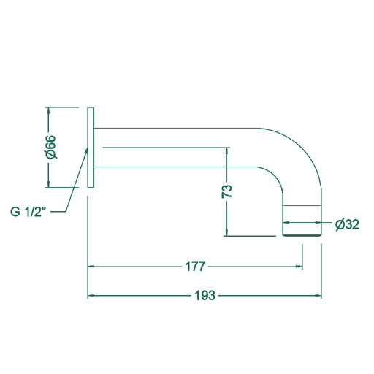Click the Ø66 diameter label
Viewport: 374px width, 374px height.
[x=51, y=147]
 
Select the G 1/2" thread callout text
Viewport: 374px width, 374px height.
[x=28, y=212]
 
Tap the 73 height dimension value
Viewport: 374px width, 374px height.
[x=227, y=191]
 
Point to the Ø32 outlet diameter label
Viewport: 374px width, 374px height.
[x=347, y=224]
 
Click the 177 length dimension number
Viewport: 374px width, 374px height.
[x=195, y=267]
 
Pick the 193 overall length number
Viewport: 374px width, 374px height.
[x=205, y=296]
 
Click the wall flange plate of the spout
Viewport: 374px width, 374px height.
[x=91, y=147]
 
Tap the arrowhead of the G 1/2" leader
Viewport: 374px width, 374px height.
[x=86, y=151]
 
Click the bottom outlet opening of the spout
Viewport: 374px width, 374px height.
[x=302, y=235]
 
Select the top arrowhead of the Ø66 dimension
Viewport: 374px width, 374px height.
[x=49, y=110]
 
